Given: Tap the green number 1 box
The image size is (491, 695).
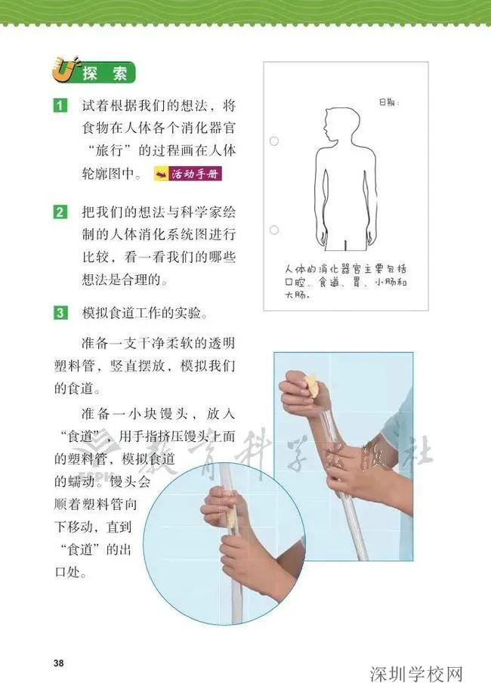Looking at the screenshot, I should [x=60, y=105].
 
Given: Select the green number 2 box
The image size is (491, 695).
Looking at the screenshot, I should [x=60, y=212].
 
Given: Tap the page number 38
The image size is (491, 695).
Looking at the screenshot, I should [x=59, y=663].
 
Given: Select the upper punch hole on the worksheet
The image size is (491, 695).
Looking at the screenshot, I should [x=274, y=141].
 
